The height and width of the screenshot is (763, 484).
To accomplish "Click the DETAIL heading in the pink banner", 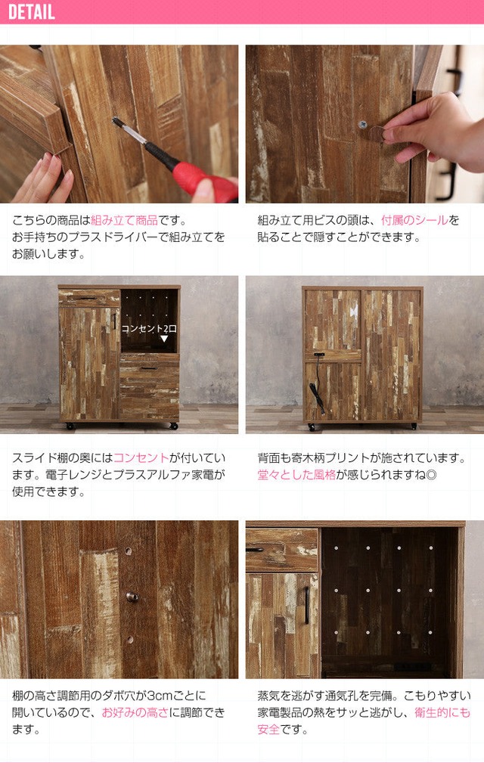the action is [x=32, y=11].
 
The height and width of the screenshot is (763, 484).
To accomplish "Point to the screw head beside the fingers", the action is [x=363, y=125].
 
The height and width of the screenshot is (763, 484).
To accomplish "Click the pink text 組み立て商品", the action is [x=124, y=221].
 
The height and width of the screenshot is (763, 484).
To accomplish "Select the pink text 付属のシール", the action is [x=414, y=221].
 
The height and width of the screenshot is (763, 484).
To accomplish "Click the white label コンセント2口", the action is [x=149, y=328].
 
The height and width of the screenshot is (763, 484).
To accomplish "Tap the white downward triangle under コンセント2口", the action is [x=164, y=339].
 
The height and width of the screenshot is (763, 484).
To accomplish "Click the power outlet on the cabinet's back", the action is [x=319, y=355].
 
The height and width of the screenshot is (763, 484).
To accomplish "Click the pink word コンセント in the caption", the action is [x=141, y=458].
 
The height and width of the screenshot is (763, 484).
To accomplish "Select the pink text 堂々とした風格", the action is [x=296, y=475].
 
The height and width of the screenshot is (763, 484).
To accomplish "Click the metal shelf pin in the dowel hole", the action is [x=132, y=597].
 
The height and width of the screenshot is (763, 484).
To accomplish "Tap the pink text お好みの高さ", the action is [x=135, y=713].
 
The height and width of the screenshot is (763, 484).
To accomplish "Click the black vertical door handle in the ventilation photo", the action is [x=307, y=605].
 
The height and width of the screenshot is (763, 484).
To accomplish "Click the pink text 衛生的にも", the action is [x=442, y=713].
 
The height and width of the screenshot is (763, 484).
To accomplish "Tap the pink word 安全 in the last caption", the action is [x=268, y=730].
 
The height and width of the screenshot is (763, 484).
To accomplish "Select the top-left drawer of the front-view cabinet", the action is [x=89, y=297].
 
